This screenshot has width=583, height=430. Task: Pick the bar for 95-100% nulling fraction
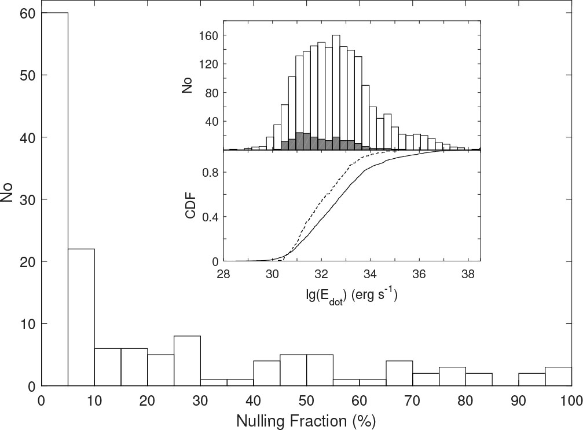coord(559,376)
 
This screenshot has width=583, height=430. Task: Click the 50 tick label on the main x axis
coord(306,400)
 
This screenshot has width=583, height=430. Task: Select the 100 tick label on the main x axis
coord(571,400)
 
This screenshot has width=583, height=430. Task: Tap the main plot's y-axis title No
coord(8,191)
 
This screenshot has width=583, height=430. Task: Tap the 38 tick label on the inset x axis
coord(468,274)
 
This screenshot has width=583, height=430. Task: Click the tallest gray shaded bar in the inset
coord(299,141)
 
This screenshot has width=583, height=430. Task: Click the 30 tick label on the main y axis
coord(27,200)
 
